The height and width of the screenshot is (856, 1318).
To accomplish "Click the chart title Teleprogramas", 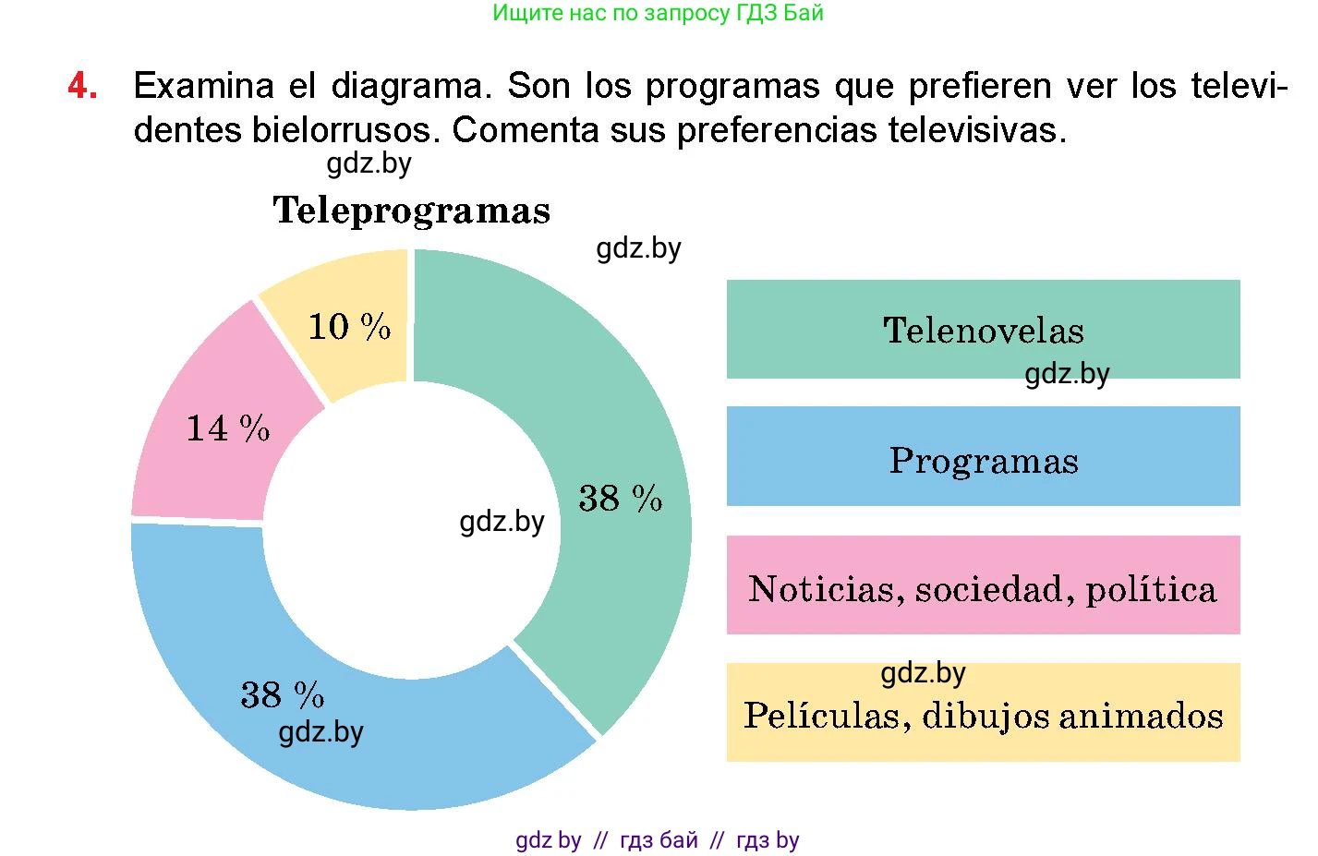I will (411, 211).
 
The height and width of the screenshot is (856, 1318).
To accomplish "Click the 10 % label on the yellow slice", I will (349, 327).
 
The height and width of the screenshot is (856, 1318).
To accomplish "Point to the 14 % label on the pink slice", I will (228, 428).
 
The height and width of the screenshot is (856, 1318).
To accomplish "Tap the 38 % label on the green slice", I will (621, 499).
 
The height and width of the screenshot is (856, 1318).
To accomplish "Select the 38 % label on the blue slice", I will (283, 694).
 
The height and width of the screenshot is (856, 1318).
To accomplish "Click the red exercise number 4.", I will (82, 86).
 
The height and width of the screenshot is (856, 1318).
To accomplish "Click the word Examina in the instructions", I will (203, 86).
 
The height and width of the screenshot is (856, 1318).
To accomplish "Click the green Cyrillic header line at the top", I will (658, 13).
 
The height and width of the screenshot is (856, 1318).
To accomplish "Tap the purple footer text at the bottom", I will (658, 840).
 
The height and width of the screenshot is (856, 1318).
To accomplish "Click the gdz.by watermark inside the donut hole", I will (502, 522).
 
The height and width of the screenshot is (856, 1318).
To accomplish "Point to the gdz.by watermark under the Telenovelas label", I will (1067, 374).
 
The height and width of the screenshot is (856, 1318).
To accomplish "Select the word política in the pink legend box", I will (1151, 589).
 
